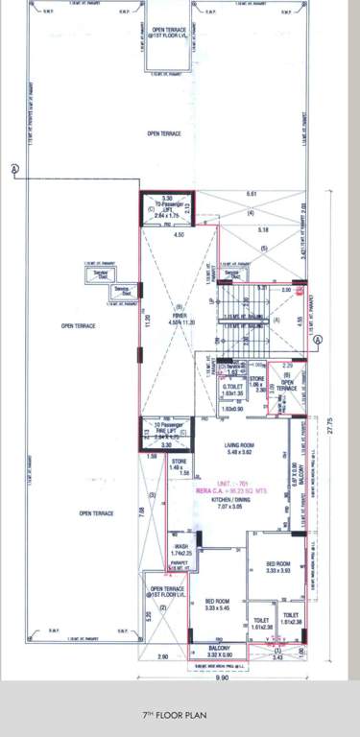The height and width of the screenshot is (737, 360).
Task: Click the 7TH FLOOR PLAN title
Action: tap(180, 714)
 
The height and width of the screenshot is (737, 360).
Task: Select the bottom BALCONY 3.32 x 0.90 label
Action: tap(219, 652)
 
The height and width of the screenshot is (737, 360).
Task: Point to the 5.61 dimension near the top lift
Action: tap(252, 196)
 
